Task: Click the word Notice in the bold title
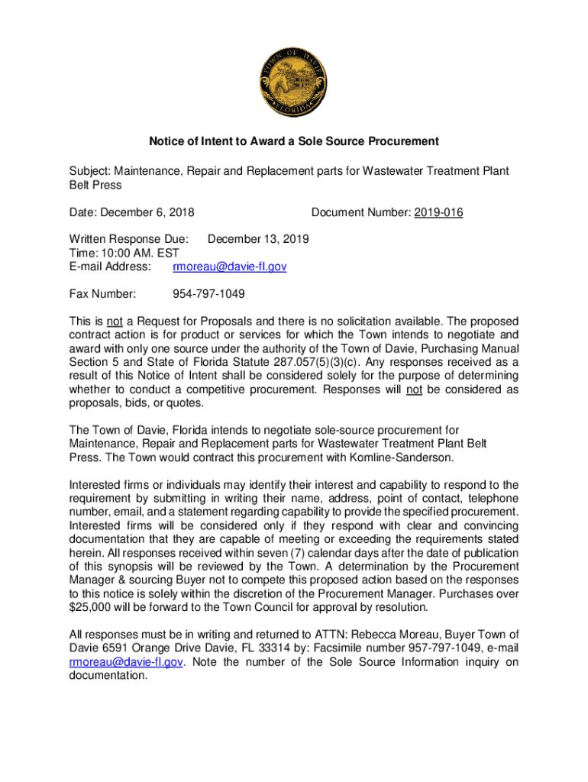click(166, 141)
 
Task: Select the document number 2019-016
click(438, 212)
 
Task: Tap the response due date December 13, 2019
click(258, 240)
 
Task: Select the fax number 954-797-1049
click(208, 294)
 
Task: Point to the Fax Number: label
click(102, 294)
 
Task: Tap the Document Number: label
click(360, 212)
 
